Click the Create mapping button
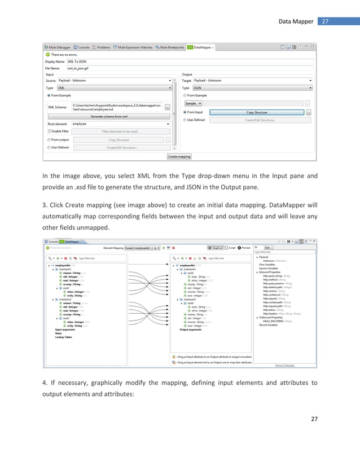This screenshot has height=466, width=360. tap(179, 156)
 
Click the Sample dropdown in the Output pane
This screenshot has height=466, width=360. tap(193, 104)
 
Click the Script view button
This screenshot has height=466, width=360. tap(231, 247)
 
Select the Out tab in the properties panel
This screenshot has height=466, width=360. tap(268, 247)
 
